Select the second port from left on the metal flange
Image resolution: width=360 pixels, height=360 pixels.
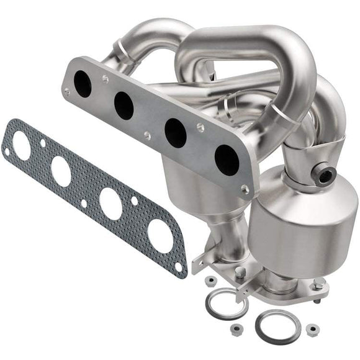coord(124,106)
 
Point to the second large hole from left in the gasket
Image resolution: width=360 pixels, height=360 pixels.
coord(61,172)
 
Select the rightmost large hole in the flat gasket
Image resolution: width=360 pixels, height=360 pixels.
coord(160,236)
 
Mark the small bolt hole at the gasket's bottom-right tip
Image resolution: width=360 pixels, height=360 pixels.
coord(179,267)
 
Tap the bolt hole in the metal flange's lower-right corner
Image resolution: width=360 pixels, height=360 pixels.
coord(245,189)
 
